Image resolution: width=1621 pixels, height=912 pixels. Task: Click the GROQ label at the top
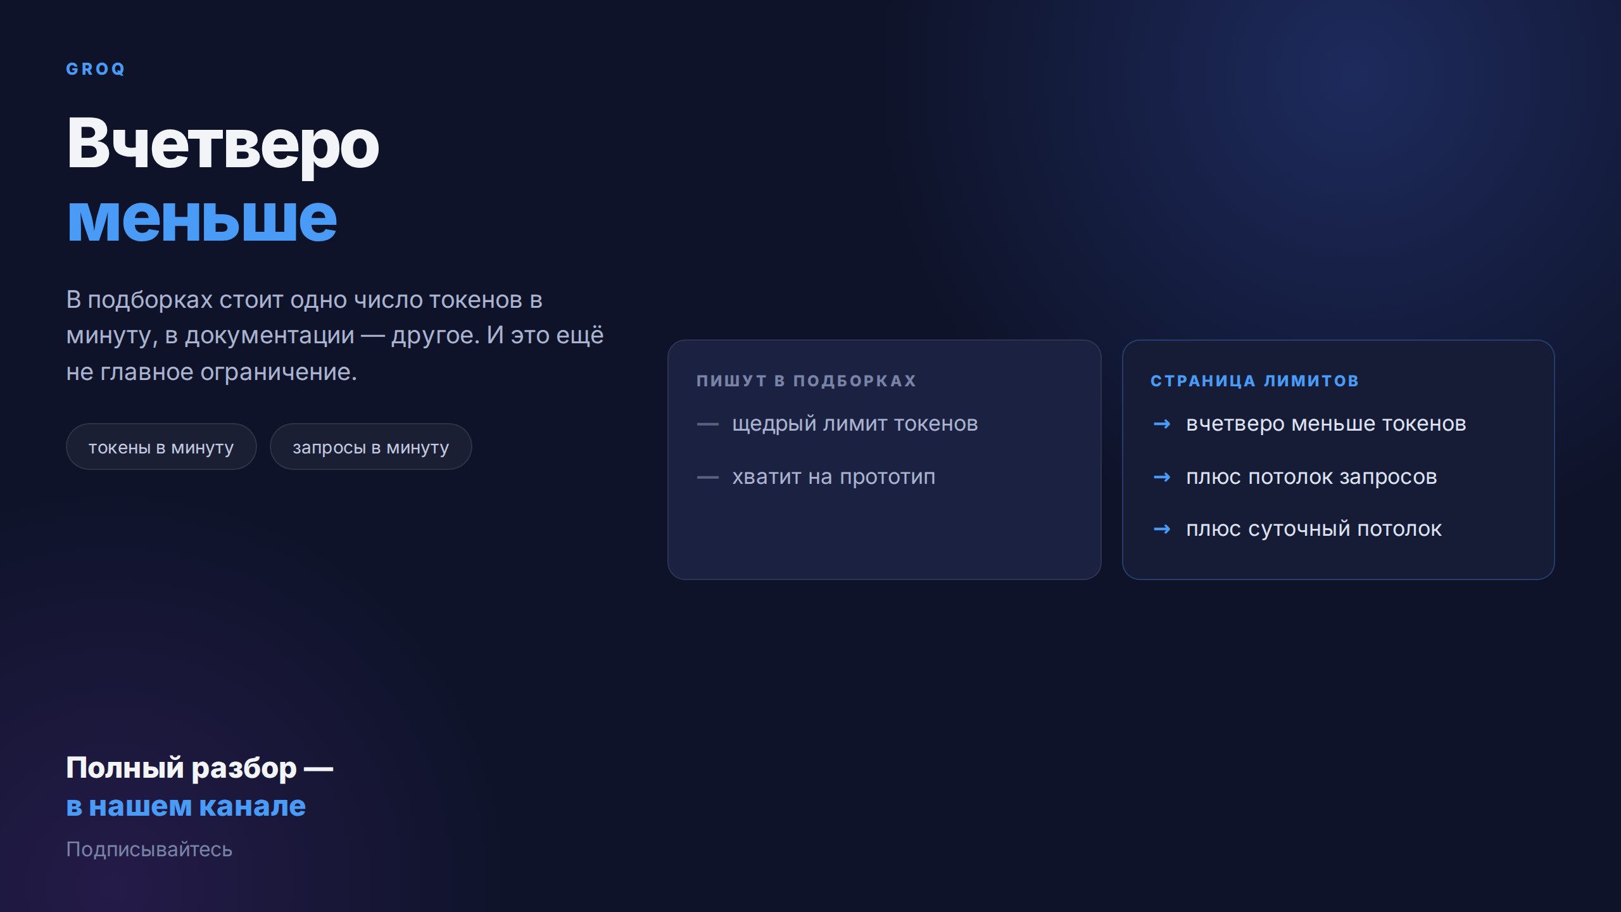[96, 69]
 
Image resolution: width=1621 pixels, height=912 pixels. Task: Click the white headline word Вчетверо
[223, 144]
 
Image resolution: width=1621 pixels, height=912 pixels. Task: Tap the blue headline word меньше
[202, 219]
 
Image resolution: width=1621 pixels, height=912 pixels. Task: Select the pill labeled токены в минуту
[161, 447]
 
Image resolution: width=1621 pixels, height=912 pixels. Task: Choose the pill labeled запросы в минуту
[370, 447]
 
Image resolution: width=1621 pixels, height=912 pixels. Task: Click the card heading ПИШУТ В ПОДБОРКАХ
[806, 381]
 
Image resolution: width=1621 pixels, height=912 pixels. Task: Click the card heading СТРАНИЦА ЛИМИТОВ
[1254, 381]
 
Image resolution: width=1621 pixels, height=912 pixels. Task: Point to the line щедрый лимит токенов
[855, 424]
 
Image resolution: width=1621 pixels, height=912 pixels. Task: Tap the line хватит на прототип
[833, 477]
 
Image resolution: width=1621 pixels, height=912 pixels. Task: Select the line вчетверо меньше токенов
[1326, 424]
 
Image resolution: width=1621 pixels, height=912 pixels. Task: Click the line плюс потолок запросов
[1311, 477]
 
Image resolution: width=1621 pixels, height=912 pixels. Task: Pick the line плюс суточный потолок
[1314, 529]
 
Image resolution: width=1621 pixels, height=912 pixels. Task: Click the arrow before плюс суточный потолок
[1162, 529]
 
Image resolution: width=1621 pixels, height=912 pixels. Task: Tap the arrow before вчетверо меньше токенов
[1162, 424]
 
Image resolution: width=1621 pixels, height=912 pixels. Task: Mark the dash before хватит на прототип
[707, 477]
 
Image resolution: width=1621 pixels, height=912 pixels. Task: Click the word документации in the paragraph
[269, 336]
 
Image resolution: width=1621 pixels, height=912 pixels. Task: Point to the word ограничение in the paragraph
[279, 372]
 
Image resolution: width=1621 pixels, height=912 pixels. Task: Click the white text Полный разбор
[181, 768]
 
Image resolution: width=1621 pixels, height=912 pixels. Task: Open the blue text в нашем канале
[186, 806]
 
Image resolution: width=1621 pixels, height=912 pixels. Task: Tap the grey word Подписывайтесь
[149, 849]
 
